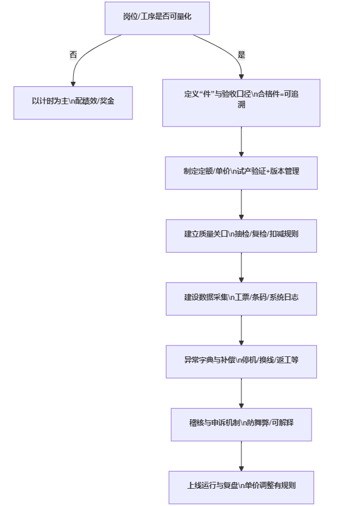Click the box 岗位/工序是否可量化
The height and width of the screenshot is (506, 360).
pos(157,18)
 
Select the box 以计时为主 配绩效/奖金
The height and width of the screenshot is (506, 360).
pos(73,102)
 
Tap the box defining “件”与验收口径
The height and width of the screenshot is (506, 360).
pos(241,102)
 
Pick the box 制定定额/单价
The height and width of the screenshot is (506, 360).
pos(241,173)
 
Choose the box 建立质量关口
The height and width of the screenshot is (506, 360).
pos(241,235)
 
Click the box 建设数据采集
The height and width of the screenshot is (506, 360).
pos(241,298)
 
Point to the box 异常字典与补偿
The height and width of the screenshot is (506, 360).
pos(241,361)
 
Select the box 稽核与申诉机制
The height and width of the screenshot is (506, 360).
pos(241,424)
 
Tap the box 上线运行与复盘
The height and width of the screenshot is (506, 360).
pos(241,487)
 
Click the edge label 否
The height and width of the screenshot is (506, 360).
pos(73,55)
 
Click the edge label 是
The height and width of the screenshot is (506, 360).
pos(241,55)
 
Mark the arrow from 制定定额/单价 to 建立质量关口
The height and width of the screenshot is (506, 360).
pos(241,204)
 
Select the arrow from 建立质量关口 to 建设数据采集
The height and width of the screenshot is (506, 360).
pos(241,267)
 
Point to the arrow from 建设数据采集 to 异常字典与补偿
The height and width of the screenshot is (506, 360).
pos(241,330)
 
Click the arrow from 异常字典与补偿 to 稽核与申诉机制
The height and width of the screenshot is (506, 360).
pos(241,393)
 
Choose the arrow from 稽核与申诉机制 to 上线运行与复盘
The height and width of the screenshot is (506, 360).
pos(241,456)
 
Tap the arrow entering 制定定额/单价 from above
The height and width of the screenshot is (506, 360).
pos(241,142)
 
